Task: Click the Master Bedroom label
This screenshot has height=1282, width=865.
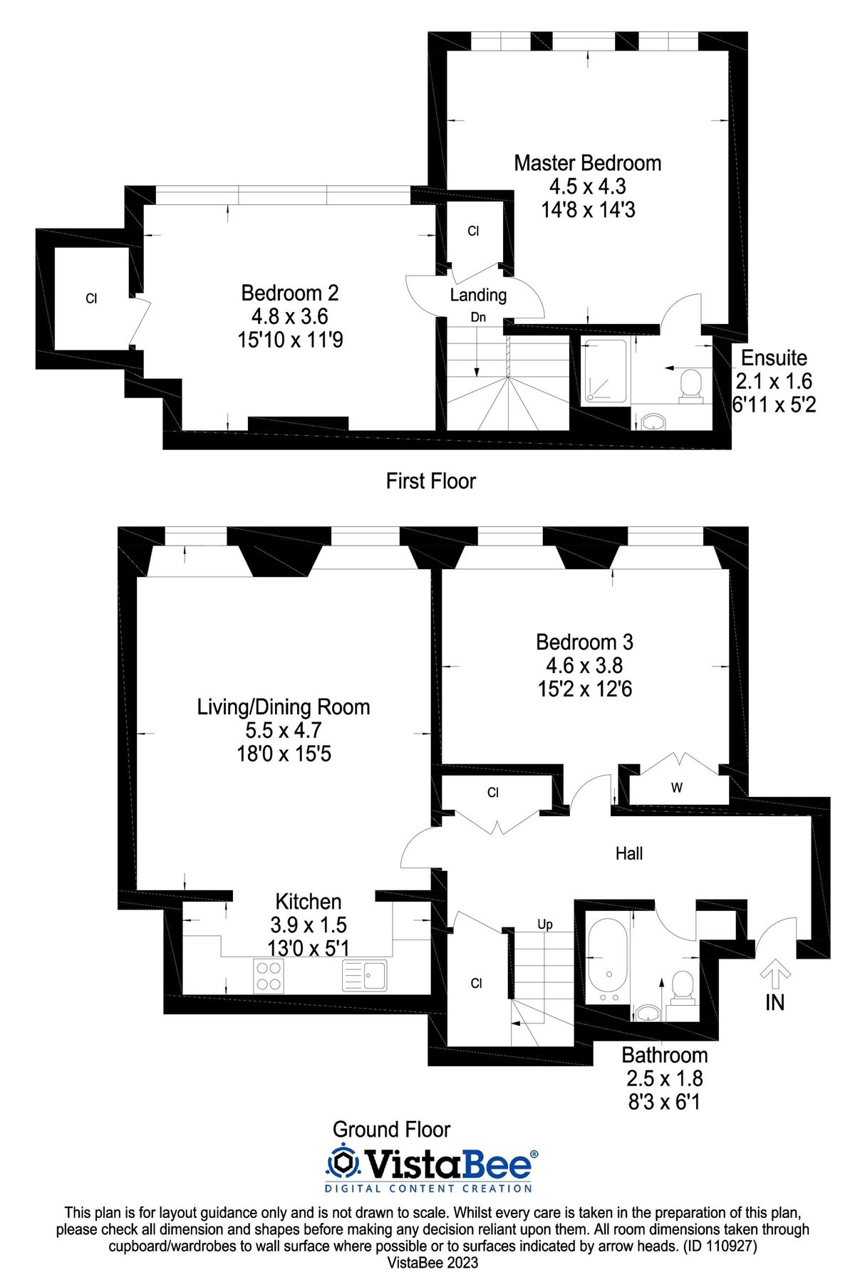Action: click(x=587, y=163)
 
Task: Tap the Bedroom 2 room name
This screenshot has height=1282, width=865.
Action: click(x=289, y=293)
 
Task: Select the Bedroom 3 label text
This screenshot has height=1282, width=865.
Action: click(x=584, y=642)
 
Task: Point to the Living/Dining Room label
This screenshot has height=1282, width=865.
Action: click(x=284, y=707)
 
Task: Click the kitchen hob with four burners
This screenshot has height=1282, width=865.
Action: click(x=269, y=976)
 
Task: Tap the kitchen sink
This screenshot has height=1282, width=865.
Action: click(x=365, y=976)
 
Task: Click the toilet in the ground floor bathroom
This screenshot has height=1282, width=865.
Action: click(x=683, y=988)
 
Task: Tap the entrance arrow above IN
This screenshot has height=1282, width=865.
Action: click(x=775, y=973)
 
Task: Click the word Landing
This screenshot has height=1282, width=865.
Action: click(x=478, y=295)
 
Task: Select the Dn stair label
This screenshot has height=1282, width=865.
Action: click(x=478, y=317)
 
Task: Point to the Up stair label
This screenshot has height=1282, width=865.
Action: click(x=545, y=924)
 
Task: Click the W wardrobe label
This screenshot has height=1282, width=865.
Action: click(x=677, y=788)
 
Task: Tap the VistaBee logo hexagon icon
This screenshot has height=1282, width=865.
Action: click(x=344, y=1163)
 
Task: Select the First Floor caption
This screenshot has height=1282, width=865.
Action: click(x=430, y=481)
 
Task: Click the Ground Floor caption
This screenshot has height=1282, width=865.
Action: click(x=391, y=1130)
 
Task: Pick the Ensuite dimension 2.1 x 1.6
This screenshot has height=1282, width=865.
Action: click(x=774, y=381)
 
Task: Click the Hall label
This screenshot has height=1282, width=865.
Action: click(x=629, y=853)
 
